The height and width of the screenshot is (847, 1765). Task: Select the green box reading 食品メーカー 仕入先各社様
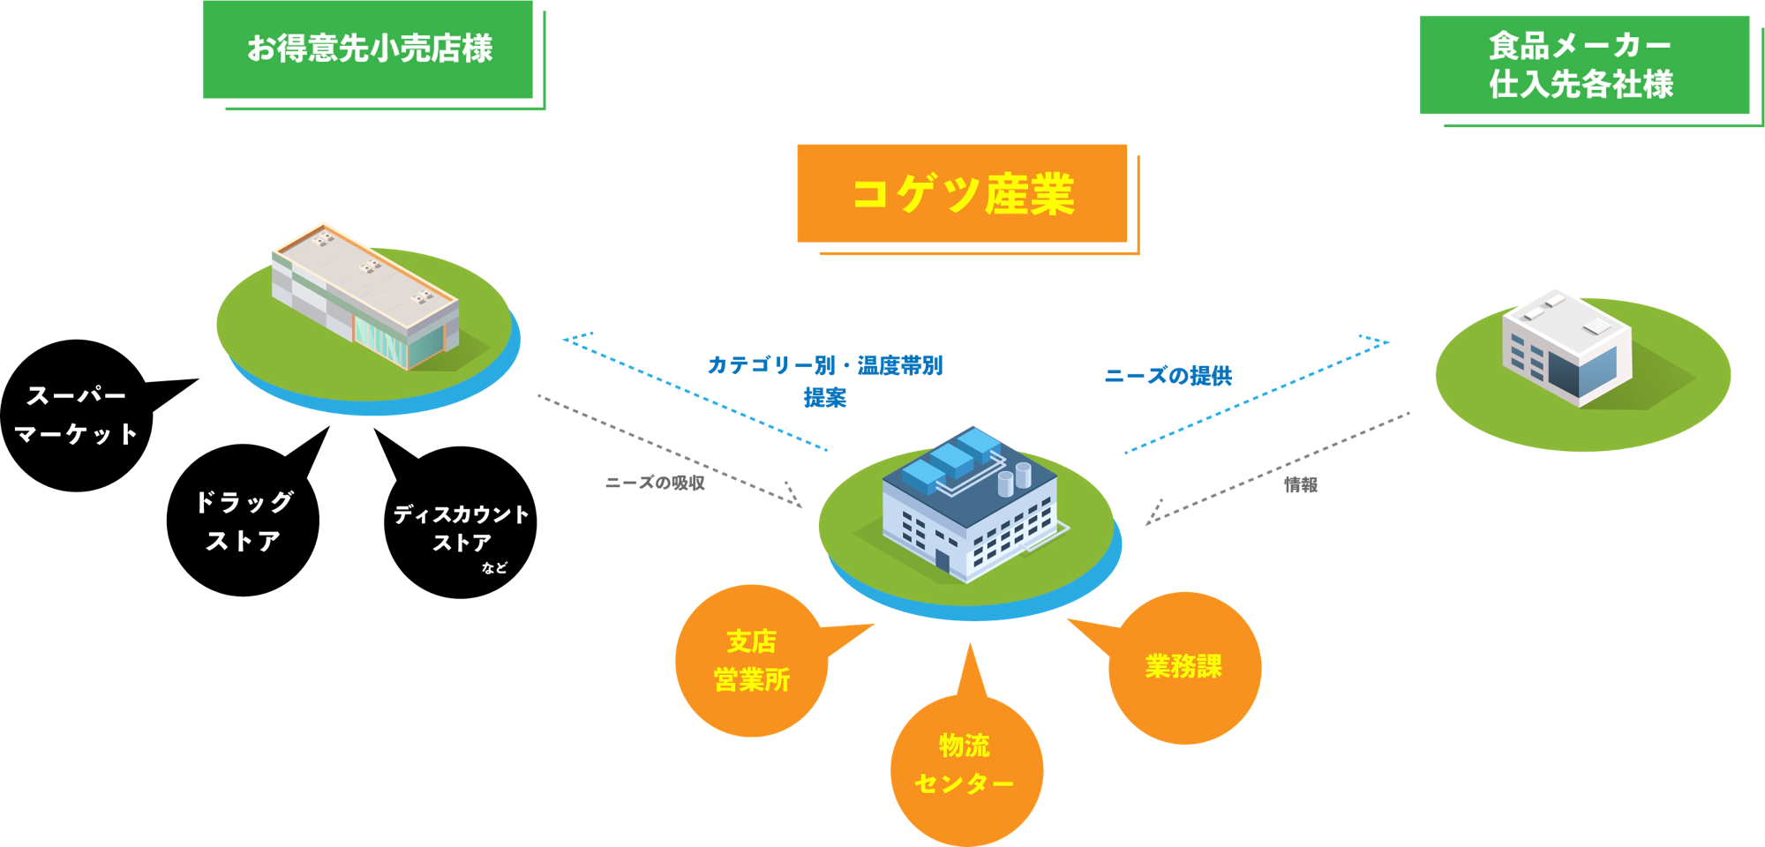click(x=1583, y=65)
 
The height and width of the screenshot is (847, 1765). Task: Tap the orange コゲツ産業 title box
click(x=963, y=193)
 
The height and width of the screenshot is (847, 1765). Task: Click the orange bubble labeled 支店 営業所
click(x=751, y=660)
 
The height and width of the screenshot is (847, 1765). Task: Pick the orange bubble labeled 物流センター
click(x=965, y=765)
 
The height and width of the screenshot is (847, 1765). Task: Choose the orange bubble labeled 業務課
click(x=1184, y=666)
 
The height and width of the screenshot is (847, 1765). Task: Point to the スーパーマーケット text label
click(x=77, y=415)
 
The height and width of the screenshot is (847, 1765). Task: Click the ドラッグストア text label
click(x=244, y=521)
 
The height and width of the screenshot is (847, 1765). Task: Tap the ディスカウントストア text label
click(x=461, y=528)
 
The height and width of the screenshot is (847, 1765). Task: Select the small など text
click(x=494, y=568)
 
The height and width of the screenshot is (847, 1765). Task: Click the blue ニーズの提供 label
click(x=1168, y=376)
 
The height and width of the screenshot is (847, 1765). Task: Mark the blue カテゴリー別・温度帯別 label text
click(x=826, y=365)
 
